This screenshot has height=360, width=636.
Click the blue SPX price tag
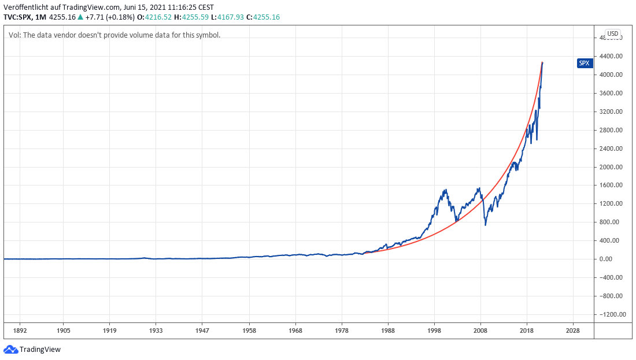585,63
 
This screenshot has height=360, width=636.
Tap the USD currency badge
612,34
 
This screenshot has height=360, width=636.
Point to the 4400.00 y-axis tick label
612,56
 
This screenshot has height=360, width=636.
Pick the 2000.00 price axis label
612,167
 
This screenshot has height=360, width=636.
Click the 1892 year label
20,331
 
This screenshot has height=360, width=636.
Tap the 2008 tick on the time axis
480,331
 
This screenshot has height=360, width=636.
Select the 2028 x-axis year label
573,331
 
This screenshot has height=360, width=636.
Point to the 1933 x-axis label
156,331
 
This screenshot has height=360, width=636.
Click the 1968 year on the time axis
295,331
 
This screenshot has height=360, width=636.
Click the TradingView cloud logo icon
10,349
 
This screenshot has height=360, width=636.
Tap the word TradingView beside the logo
40,350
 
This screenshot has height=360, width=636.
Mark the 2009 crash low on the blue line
485,224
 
